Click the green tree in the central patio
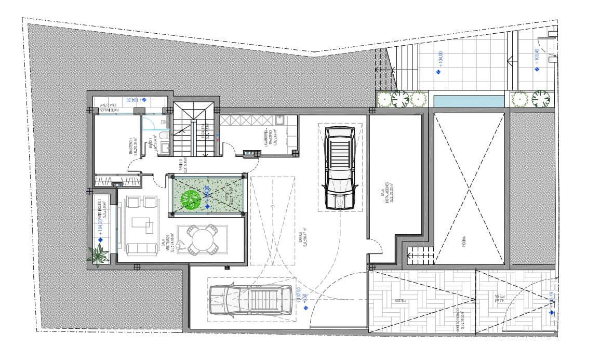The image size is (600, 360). [x=190, y=199]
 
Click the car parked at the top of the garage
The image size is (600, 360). [x=339, y=168]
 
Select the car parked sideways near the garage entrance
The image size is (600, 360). [x=250, y=300]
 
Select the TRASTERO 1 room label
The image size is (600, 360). [x=133, y=147]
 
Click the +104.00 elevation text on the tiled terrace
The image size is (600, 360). [x=441, y=59]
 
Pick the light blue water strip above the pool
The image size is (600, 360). [x=469, y=101]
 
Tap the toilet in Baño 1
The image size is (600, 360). [x=162, y=136]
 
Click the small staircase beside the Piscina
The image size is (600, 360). [x=420, y=256]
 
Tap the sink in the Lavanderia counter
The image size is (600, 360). [x=279, y=121]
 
